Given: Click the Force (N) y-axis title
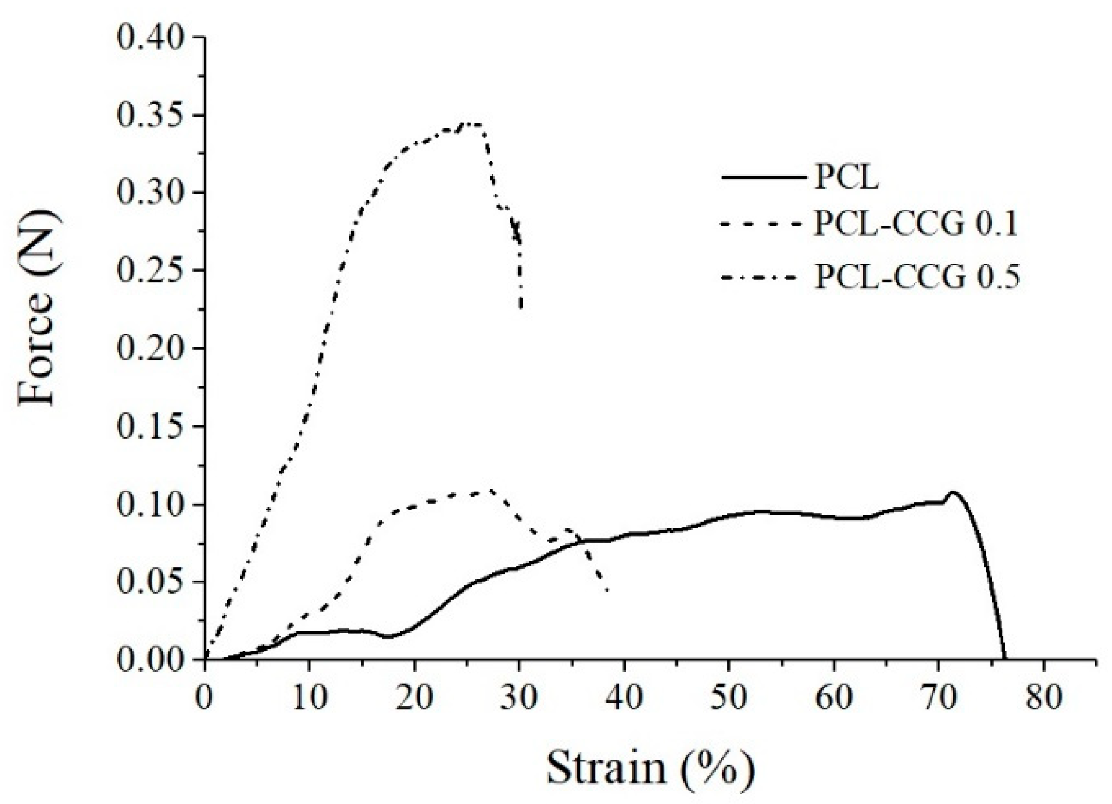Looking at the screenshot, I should [37, 307].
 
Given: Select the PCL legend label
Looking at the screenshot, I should [846, 177].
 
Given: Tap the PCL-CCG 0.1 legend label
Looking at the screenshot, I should [916, 225].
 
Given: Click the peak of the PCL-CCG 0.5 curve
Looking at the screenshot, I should [466, 123].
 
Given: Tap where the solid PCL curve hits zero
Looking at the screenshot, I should [1004, 658].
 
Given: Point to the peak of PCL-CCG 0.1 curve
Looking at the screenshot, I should [490, 490].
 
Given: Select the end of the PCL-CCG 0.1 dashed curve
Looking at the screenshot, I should [608, 591].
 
